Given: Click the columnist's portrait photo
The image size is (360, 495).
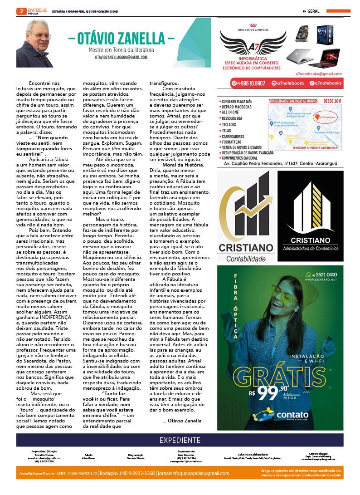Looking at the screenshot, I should coord(35,43).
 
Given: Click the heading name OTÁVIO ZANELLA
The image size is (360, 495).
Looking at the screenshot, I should coord(121,38).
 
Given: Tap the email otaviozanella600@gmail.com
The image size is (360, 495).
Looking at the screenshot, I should coord(121,58).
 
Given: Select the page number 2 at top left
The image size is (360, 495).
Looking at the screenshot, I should coord(19,11).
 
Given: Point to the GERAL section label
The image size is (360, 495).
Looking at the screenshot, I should coord(313,11).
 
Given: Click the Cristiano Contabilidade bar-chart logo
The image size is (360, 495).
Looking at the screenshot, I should coord(247,209).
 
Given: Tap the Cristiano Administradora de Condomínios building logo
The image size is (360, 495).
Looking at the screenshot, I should coord(310,209).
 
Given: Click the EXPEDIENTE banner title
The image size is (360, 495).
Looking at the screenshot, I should coord(180,440).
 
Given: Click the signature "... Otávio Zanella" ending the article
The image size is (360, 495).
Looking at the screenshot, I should coord(182,421).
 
